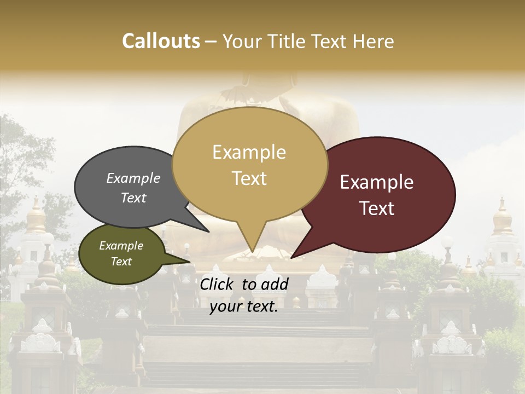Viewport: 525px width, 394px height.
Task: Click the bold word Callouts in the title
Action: (161, 42)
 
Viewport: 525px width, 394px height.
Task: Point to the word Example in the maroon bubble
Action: (377, 182)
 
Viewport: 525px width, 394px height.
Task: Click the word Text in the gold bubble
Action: (249, 178)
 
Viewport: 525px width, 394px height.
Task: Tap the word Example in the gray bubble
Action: (133, 178)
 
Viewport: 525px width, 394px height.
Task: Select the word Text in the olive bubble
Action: (121, 262)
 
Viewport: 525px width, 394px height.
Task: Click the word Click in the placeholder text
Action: (218, 284)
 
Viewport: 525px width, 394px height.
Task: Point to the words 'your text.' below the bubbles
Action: (244, 307)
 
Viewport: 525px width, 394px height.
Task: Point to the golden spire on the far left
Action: (37, 216)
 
